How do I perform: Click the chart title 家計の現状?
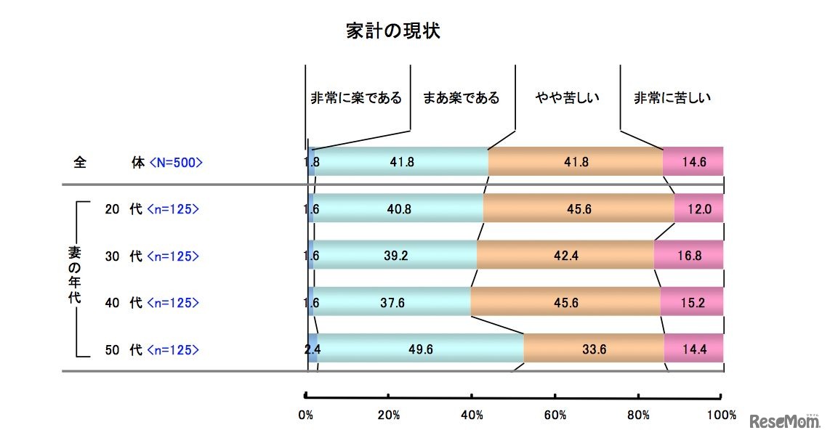392,31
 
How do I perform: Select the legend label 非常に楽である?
355,97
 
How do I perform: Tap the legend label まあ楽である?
462,97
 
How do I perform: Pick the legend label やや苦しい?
567,97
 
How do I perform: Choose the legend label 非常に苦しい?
672,97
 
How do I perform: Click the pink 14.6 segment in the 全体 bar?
693,161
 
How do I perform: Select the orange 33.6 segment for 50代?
593,349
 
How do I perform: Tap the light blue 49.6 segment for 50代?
420,349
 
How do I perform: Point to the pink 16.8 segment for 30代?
688,255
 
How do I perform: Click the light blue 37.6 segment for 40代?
392,302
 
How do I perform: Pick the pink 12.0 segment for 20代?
698,209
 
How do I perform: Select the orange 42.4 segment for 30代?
565,255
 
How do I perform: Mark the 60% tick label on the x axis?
555,415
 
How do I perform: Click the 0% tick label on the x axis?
306,415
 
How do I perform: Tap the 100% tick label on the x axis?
721,415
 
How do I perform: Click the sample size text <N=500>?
175,162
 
